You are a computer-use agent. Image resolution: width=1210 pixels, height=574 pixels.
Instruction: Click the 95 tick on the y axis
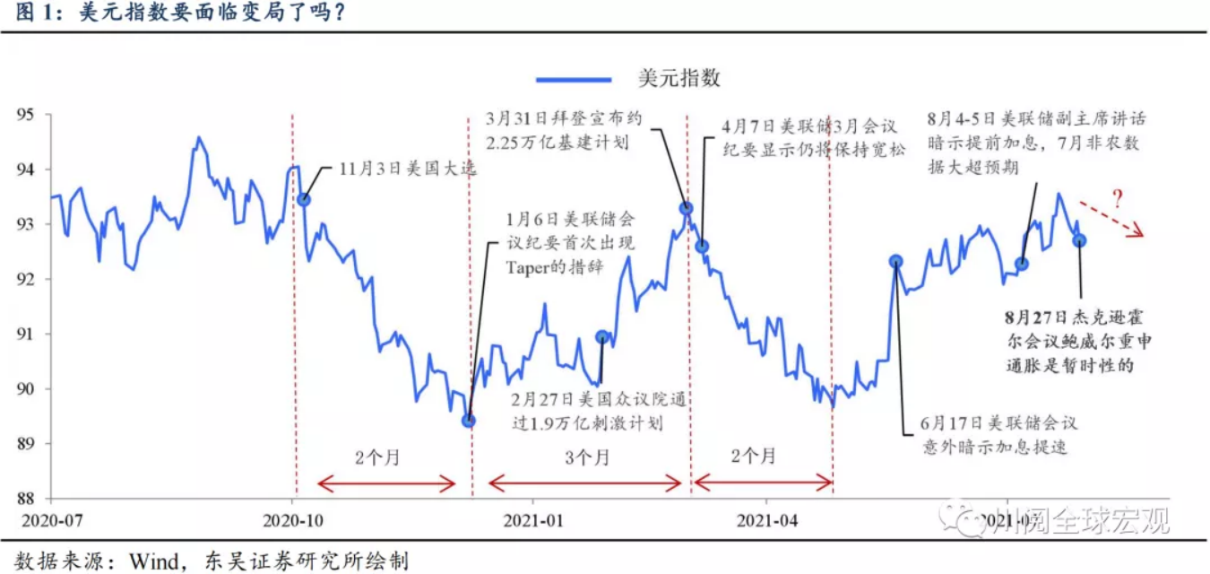click(26, 115)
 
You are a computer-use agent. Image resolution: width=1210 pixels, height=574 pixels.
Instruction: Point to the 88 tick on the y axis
click(26, 499)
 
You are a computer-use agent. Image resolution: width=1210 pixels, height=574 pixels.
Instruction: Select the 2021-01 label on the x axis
click(533, 520)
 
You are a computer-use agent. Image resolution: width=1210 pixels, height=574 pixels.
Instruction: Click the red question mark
click(1117, 198)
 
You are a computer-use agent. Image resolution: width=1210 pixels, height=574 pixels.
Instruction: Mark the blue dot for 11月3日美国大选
click(304, 199)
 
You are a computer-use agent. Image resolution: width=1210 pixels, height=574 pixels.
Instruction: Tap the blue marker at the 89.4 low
click(468, 420)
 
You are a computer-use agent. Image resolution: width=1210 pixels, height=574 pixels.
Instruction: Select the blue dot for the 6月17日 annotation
click(895, 261)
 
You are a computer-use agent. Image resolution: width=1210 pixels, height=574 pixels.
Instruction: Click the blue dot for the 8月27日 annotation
click(1079, 240)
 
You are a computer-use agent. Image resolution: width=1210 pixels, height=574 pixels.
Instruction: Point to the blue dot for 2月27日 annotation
click(602, 337)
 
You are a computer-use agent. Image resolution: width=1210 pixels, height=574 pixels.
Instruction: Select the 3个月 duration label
click(587, 457)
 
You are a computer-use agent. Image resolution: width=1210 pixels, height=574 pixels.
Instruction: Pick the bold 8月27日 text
click(1041, 318)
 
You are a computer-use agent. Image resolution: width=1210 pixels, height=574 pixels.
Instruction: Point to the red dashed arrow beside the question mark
click(1111, 220)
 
